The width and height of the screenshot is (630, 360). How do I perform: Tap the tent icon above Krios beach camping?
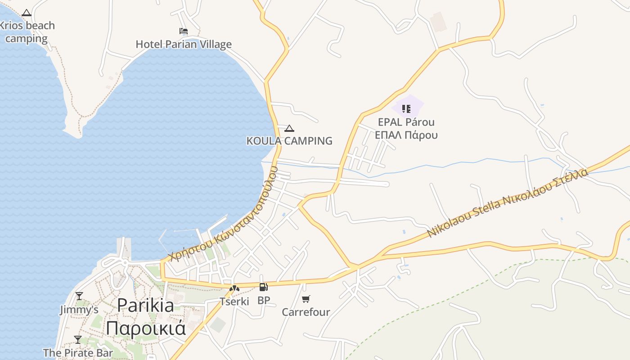pos(27,13)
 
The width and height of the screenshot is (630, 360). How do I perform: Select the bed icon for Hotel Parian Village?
pos(184,31)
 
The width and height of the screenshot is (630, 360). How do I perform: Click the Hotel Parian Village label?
pos(184,44)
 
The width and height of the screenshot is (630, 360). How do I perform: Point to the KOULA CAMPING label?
pos(289,141)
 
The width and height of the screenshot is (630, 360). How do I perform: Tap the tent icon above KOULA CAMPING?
pos(289,128)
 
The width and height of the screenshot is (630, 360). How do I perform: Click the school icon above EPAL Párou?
pos(406,108)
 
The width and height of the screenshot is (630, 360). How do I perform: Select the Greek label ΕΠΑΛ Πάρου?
pos(406,135)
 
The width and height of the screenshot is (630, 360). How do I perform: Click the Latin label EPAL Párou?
pos(406,122)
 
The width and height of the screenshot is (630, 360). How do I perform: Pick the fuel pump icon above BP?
pos(263,287)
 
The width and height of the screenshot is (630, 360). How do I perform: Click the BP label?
pos(264,300)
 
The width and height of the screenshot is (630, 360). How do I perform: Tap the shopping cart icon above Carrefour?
pos(306,299)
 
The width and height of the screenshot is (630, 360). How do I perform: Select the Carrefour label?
pos(306,312)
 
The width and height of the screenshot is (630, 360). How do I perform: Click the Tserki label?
pos(234,301)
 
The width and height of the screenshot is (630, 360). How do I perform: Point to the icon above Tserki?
pos(234,288)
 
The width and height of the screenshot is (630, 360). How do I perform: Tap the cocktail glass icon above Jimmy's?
pos(79,296)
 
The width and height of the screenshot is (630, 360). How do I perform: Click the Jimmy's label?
pos(79,310)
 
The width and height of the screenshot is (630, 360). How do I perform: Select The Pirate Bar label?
pos(78,352)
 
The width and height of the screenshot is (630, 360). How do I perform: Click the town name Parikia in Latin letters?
pos(145,306)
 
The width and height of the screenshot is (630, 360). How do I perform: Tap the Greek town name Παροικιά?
pos(145,328)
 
